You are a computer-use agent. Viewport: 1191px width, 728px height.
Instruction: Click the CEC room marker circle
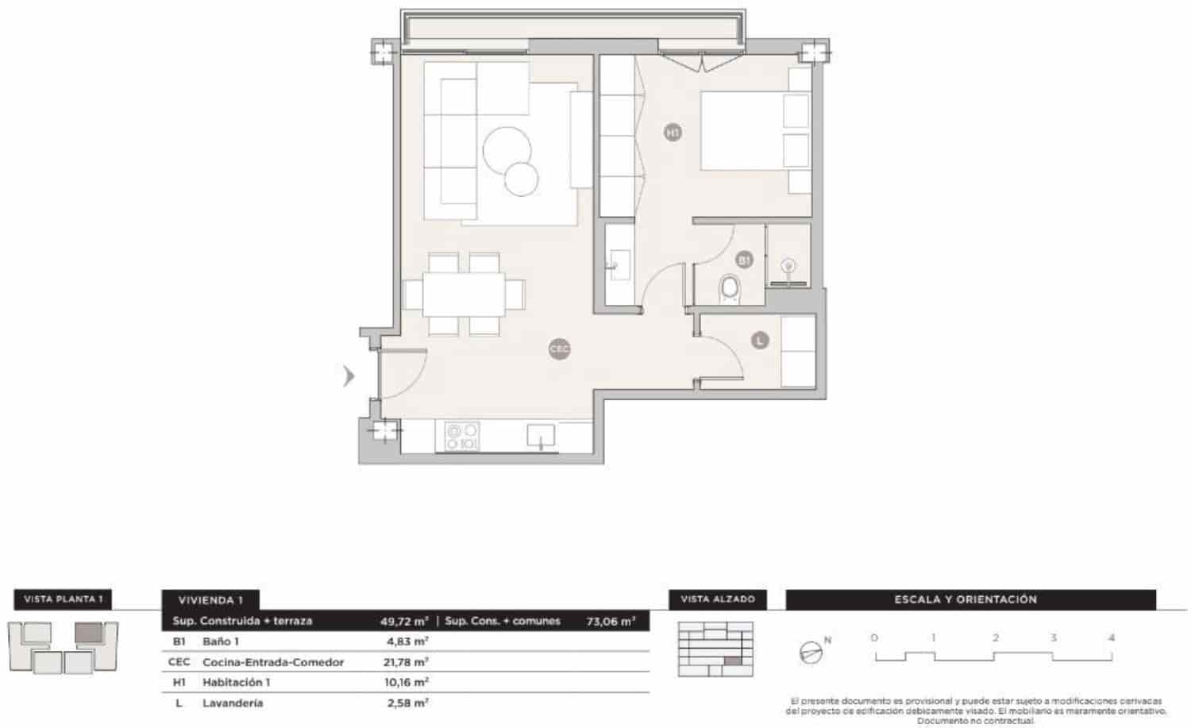560,349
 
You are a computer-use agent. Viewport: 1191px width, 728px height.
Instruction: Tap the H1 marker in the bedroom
673,133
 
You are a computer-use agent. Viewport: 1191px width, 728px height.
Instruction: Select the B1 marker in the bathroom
744,260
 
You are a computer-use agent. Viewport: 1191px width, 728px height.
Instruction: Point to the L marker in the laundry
760,341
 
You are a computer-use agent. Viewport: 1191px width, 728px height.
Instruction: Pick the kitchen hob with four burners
462,437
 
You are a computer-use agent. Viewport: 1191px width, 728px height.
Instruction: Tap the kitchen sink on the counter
541,435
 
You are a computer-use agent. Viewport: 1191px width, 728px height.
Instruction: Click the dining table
464,294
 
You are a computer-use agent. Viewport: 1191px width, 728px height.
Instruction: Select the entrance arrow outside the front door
348,376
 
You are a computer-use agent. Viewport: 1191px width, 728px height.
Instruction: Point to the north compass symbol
811,652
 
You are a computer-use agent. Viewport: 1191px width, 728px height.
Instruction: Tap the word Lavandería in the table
233,703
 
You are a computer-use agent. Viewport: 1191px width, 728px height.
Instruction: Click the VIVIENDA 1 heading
210,600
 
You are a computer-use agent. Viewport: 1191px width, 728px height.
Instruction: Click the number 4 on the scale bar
1112,638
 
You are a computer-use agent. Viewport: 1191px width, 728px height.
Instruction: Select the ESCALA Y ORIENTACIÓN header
966,599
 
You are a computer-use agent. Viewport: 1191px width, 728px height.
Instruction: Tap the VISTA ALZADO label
718,599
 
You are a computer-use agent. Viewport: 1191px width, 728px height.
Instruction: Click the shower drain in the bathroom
788,266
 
